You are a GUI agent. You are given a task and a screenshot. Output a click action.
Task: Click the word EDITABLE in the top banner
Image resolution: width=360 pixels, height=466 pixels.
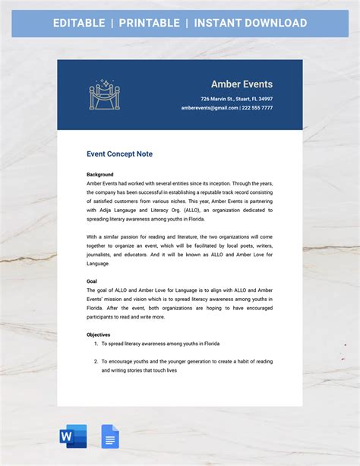(x=79, y=23)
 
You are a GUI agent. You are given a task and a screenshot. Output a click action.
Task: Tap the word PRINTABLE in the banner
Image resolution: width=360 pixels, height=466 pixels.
(x=148, y=23)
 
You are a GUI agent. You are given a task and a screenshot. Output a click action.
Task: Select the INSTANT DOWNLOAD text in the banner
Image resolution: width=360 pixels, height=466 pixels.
(x=251, y=23)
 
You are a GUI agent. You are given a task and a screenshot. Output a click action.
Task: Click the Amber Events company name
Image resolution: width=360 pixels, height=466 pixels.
(x=242, y=84)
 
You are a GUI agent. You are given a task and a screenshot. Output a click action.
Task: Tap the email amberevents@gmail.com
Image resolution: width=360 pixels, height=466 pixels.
(x=209, y=108)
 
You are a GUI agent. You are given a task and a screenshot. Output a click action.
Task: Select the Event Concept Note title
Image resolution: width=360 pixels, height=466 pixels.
(x=119, y=154)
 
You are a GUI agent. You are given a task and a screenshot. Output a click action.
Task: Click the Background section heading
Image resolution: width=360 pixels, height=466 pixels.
(x=99, y=174)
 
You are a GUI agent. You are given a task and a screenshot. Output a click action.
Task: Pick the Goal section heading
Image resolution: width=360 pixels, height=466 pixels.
(x=92, y=281)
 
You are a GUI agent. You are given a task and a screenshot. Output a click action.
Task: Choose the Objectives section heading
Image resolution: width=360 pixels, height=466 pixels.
(x=99, y=334)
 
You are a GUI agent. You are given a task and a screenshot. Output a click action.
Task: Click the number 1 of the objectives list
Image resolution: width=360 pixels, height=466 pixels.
(x=95, y=344)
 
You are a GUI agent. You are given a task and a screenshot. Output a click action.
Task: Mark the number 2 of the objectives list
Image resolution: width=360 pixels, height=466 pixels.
(x=95, y=361)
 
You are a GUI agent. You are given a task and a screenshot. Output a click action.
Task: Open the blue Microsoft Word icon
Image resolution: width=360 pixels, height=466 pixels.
(x=73, y=436)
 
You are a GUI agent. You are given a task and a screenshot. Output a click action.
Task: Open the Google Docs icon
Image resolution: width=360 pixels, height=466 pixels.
(x=110, y=436)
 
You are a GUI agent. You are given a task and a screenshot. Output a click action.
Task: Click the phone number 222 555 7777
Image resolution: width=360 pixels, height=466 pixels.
(x=257, y=108)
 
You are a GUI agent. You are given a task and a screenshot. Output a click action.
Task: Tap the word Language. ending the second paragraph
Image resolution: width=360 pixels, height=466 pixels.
(x=99, y=264)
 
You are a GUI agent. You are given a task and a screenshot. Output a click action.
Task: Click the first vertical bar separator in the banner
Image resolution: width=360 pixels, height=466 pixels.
(x=112, y=23)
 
